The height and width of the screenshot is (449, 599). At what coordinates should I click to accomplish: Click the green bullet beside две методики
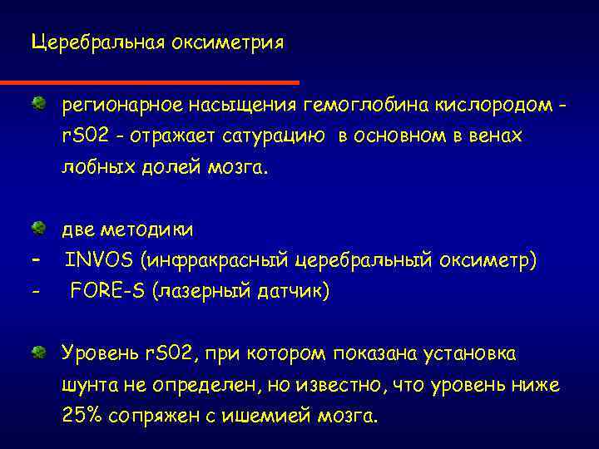(38, 227)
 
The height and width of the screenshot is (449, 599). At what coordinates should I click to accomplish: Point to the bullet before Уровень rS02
(38, 353)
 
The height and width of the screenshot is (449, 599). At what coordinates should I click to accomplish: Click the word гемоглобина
(366, 106)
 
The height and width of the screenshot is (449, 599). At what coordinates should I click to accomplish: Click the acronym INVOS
(100, 260)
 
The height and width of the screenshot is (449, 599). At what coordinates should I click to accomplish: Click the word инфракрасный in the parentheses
(220, 261)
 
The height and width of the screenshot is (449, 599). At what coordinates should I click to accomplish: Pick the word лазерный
(210, 292)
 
